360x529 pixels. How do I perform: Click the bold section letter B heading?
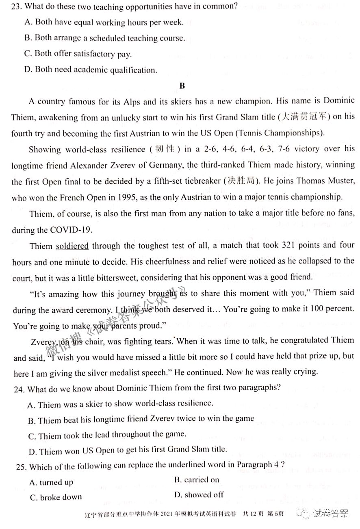coord(182,86)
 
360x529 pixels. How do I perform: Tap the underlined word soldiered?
coord(72,246)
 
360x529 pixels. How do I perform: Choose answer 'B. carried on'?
coord(196,480)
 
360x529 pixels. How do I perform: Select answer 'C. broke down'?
coord(56,497)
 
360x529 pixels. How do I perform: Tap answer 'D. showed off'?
coord(199,495)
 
